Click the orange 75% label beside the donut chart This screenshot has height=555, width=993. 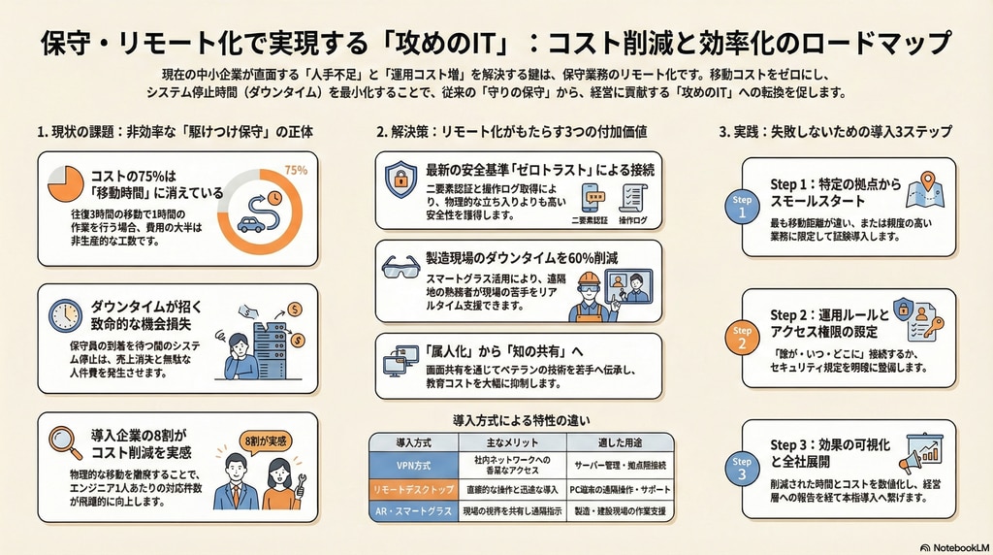click(x=296, y=170)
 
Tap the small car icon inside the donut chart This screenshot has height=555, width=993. click(x=251, y=224)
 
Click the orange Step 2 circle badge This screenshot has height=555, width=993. click(x=742, y=338)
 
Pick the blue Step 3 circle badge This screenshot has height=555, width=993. click(x=742, y=469)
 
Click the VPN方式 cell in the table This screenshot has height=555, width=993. click(x=413, y=466)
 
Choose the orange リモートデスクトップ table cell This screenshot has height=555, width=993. click(x=413, y=490)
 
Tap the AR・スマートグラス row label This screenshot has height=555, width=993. click(x=413, y=511)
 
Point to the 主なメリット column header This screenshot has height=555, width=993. click(x=512, y=442)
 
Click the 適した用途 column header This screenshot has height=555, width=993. click(x=620, y=442)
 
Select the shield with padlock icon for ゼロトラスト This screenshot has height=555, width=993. click(x=400, y=180)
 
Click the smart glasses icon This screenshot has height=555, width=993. click(x=400, y=267)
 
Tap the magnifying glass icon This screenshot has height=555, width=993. click(x=65, y=442)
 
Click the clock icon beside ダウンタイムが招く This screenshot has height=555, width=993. click(x=66, y=315)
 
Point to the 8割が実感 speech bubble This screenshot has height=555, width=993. click(x=266, y=441)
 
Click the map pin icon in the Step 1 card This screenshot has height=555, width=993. click(x=928, y=181)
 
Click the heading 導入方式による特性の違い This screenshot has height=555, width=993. click(x=521, y=420)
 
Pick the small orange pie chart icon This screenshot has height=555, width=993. click(x=66, y=183)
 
